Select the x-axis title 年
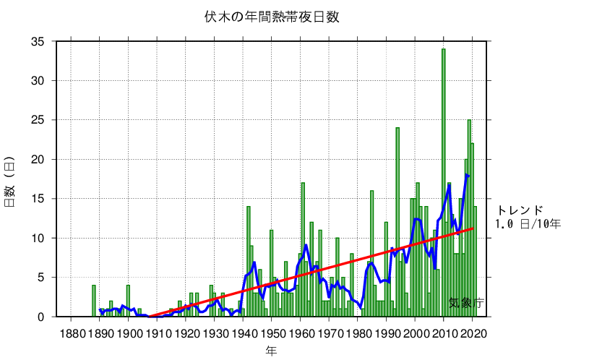point(270,351)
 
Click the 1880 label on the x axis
point(71,333)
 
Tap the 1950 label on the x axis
point(272,333)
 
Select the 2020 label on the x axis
point(473,333)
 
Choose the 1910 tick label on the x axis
point(157,333)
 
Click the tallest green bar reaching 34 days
point(444,181)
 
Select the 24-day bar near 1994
point(397,220)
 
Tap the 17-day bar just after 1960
point(303,249)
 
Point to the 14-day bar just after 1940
point(249,260)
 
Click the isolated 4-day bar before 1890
point(94,301)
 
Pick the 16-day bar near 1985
point(371,253)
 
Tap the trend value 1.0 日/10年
point(528,224)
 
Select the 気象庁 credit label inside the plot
point(465,303)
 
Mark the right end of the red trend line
point(473,228)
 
